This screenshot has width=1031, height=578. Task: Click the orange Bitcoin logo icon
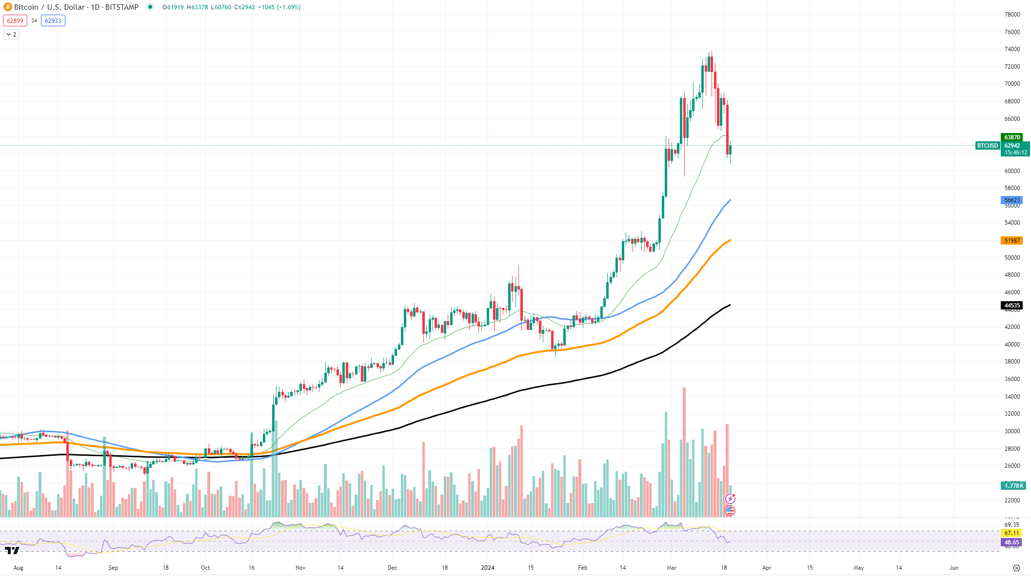(x=7, y=7)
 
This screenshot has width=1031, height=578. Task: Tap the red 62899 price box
(x=15, y=20)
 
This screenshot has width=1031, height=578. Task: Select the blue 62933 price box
(x=53, y=20)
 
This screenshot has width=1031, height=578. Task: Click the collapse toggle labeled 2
(x=11, y=35)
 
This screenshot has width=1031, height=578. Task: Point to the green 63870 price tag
(x=1012, y=137)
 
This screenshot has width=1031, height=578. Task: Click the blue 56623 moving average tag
(x=1012, y=200)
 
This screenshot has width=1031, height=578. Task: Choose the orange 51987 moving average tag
(x=1012, y=241)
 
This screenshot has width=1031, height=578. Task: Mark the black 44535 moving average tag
(x=1012, y=306)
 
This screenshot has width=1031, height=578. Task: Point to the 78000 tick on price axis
(x=1012, y=15)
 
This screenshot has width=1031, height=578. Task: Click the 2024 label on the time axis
(x=488, y=568)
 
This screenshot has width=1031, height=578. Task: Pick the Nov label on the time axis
(x=300, y=568)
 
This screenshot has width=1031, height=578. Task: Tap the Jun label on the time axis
(x=954, y=568)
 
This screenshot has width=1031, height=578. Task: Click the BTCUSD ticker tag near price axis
(x=987, y=146)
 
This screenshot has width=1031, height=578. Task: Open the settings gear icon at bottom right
(x=1016, y=568)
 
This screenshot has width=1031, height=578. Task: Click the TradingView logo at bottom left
(x=12, y=550)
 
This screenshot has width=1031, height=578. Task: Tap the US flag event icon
(x=730, y=510)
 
